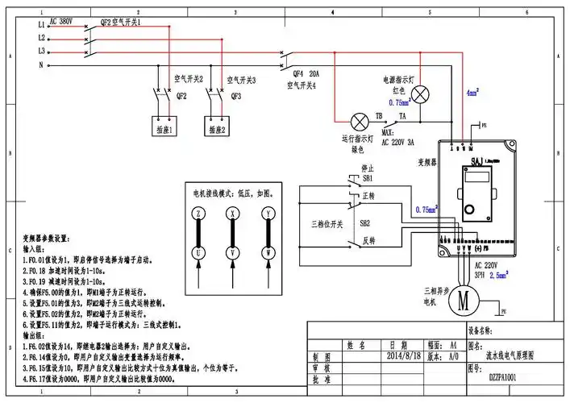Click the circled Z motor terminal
point(198,214)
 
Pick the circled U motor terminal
point(198,254)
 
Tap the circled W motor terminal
point(266,254)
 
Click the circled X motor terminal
point(232,214)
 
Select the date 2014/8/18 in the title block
point(405,355)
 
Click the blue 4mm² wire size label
point(472,93)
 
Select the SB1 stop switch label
point(368,178)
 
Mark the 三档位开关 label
point(327,223)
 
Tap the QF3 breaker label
point(236,95)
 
